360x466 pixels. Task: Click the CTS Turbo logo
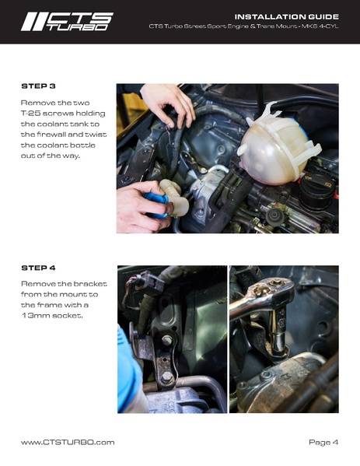pyautogui.click(x=67, y=21)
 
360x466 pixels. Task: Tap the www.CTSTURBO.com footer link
pyautogui.click(x=68, y=442)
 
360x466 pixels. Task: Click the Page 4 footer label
pyautogui.click(x=323, y=442)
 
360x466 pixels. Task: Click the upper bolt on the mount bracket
pyautogui.click(x=167, y=340)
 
